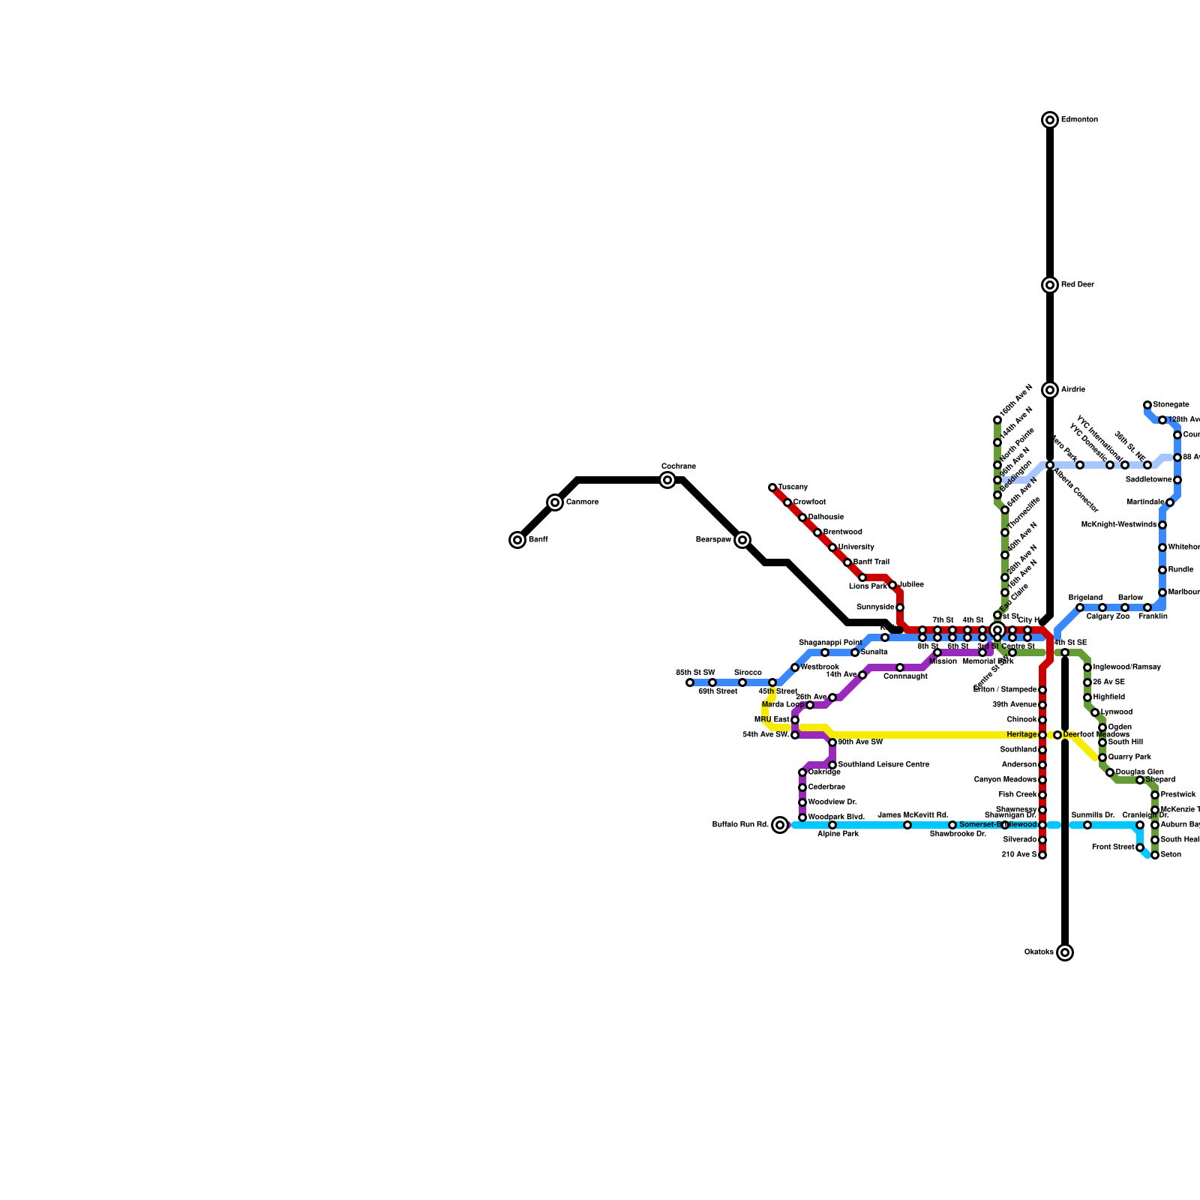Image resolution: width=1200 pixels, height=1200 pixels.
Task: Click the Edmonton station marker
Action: point(1050,120)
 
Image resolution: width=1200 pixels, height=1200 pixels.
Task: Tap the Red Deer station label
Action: point(1078,285)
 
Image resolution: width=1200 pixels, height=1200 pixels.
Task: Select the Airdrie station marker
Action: point(1050,390)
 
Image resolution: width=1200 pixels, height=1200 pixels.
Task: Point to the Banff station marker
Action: point(517,540)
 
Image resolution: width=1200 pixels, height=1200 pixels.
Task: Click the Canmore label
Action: point(582,502)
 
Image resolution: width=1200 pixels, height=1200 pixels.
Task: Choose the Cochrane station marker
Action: point(667,480)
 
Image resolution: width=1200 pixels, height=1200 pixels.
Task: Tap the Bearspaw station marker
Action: point(742,540)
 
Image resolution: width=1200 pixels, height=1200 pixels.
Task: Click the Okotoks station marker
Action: point(1065,952)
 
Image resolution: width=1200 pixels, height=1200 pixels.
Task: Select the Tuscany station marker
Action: point(772,487)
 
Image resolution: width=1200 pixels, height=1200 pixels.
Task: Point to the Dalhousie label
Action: point(826,517)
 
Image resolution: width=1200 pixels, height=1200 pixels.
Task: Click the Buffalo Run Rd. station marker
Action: point(780,825)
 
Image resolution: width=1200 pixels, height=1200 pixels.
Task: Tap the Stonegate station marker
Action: point(1147,405)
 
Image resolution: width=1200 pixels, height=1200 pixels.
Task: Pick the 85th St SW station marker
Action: point(690,682)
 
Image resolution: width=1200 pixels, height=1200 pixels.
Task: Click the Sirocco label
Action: point(748,673)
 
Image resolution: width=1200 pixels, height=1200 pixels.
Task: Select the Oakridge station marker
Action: point(802,772)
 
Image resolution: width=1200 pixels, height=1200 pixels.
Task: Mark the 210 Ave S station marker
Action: point(1042,855)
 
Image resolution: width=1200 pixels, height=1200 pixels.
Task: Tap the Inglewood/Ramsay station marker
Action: point(1087,667)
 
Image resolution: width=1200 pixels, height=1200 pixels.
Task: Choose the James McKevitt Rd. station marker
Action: point(907,825)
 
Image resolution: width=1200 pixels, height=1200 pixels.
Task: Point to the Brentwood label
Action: point(842,532)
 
